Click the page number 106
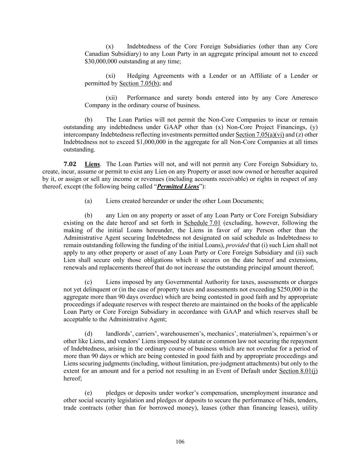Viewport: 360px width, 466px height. (x=180, y=442)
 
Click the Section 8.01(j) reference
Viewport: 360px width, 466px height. (x=298, y=371)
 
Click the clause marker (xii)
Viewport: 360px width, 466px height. (x=112, y=98)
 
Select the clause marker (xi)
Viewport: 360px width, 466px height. (x=111, y=76)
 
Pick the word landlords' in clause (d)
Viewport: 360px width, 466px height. (x=118, y=334)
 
